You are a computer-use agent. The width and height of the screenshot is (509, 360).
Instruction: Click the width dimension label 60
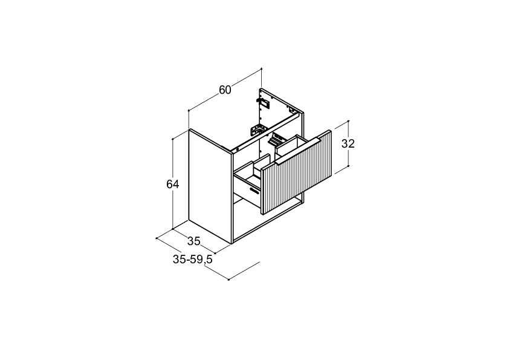(225, 90)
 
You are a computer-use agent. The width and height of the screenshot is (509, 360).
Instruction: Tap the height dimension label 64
(173, 184)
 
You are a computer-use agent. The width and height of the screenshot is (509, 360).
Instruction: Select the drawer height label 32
(348, 143)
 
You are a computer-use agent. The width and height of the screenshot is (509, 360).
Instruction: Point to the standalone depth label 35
(194, 241)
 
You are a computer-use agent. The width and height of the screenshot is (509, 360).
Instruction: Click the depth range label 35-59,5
(192, 260)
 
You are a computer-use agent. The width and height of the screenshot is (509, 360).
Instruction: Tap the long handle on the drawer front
(297, 152)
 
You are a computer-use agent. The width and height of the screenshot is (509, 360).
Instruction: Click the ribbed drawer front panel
(297, 172)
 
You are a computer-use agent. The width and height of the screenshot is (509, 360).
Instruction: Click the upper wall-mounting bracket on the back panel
(264, 102)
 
